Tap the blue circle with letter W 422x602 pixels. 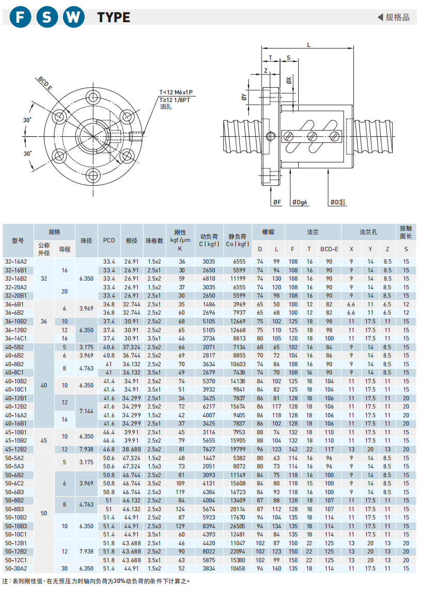click(x=74, y=17)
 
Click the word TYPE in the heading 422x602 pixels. click(x=113, y=18)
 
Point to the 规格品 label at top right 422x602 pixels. click(x=397, y=18)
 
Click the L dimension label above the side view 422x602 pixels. click(x=309, y=45)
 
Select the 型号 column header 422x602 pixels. click(x=18, y=240)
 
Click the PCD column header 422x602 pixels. click(x=109, y=240)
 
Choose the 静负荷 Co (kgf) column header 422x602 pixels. click(x=238, y=240)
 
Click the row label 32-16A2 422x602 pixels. click(x=15, y=262)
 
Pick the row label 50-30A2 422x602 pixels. click(x=15, y=568)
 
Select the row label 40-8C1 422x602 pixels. click(x=14, y=372)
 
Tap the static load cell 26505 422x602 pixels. click(x=238, y=526)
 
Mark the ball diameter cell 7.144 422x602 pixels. click(x=87, y=411)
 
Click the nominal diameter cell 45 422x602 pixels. click(x=44, y=441)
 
